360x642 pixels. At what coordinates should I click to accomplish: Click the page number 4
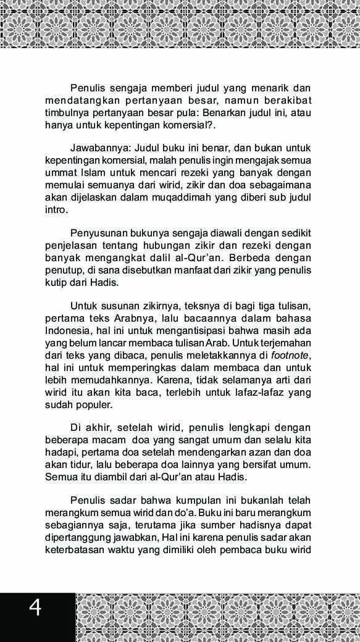[35, 608]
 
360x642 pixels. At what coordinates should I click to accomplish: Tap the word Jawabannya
[98, 148]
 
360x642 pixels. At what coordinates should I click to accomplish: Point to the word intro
[55, 210]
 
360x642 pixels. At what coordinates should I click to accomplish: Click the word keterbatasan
[75, 549]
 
